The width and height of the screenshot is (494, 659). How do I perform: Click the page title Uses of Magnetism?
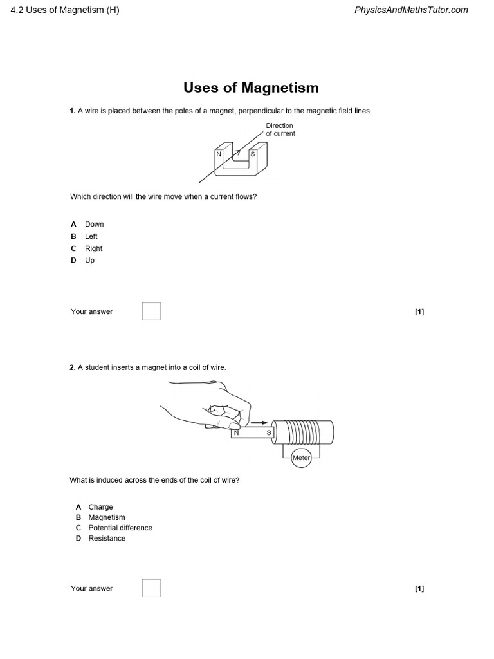click(x=251, y=88)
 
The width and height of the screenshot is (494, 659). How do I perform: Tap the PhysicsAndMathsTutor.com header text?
click(x=411, y=10)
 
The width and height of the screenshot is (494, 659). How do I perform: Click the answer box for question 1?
click(x=151, y=311)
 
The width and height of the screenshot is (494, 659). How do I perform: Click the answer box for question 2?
click(x=151, y=588)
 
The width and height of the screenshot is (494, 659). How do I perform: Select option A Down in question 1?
click(x=94, y=224)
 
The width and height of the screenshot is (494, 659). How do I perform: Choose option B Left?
click(x=91, y=236)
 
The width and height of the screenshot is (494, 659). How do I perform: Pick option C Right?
click(x=93, y=248)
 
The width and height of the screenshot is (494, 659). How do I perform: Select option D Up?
click(x=89, y=261)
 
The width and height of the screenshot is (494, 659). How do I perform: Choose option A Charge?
click(x=100, y=507)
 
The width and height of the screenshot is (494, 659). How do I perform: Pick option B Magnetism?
click(x=107, y=517)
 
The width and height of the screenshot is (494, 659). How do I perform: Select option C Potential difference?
click(x=120, y=528)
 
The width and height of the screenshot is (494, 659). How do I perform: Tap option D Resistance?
click(x=107, y=538)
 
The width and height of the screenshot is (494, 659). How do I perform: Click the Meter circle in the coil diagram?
click(x=301, y=458)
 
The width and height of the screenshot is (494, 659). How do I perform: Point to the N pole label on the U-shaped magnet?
click(x=219, y=154)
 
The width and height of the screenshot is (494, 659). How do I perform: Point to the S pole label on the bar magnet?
click(x=269, y=433)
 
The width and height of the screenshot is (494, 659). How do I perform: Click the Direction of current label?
click(x=280, y=129)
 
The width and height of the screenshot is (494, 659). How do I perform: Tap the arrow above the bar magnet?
click(x=259, y=423)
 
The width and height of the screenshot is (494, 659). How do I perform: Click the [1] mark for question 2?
click(x=419, y=588)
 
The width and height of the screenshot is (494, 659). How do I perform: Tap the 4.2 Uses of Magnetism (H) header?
click(x=65, y=10)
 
